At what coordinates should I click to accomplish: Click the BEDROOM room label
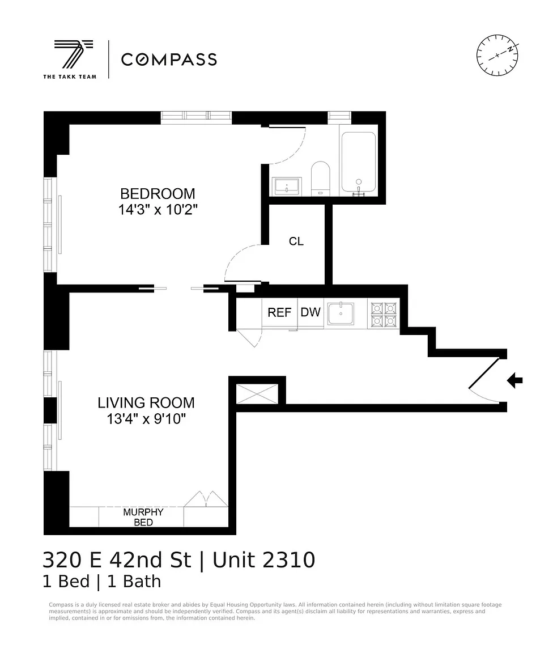click(x=158, y=194)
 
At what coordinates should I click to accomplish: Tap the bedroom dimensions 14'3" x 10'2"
click(x=158, y=210)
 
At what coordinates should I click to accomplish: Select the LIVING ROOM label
click(x=146, y=402)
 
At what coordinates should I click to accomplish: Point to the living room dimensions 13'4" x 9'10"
click(x=146, y=418)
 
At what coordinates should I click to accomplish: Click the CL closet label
click(x=296, y=241)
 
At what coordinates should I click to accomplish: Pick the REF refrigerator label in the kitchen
click(x=279, y=312)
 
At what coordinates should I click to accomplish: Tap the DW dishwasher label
click(x=310, y=312)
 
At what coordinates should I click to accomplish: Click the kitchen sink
click(x=341, y=313)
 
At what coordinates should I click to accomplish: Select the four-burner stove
click(x=384, y=314)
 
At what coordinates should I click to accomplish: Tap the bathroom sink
click(x=287, y=186)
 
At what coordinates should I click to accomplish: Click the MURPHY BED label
click(x=143, y=517)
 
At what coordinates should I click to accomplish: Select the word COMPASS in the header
click(x=169, y=60)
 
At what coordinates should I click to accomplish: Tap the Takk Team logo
click(x=70, y=59)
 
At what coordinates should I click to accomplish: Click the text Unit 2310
click(x=264, y=560)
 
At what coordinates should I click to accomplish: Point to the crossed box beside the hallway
click(x=257, y=393)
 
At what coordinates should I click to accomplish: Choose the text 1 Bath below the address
click(x=134, y=582)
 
